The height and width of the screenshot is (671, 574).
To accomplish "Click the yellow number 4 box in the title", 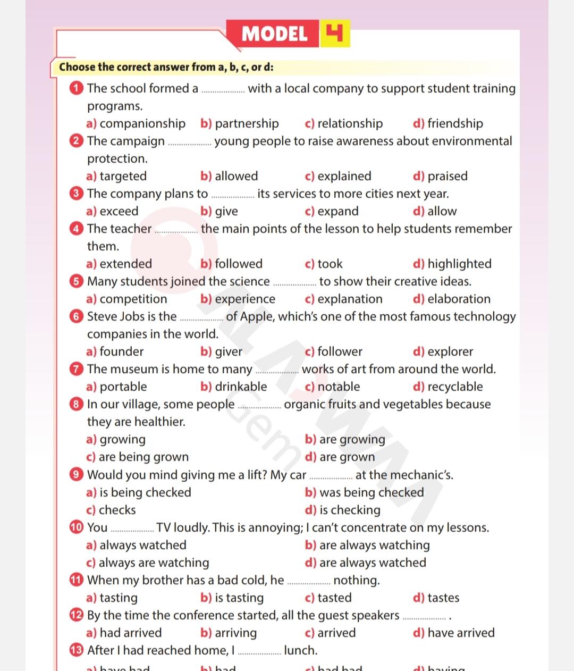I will point(335,33).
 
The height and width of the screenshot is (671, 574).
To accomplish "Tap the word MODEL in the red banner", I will point(274,34).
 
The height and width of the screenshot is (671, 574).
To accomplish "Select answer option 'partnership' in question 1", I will point(247,123).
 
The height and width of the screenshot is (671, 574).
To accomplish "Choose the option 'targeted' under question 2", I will point(123,176).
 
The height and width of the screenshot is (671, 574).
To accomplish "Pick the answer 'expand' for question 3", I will point(337,211).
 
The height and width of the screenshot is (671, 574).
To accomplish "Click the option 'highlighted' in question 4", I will point(459,264).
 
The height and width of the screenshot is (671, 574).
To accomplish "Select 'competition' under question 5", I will point(133,299).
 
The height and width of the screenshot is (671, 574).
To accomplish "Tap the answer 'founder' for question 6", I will point(121,351).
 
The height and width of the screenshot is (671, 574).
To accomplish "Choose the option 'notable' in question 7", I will point(338,387).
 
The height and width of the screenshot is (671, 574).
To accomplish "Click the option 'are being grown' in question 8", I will point(143,457).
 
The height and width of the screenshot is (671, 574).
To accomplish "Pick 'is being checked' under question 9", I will point(145,492).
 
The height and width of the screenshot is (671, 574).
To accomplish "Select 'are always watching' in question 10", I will point(374,545).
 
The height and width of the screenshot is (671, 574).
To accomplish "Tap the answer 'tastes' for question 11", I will point(443,598).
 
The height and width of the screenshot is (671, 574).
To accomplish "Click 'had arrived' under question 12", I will point(130,633).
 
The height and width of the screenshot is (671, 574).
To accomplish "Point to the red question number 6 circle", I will point(77,316).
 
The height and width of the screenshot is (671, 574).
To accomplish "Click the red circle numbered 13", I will point(77,650).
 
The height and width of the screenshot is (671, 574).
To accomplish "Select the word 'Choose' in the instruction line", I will point(77,67).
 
